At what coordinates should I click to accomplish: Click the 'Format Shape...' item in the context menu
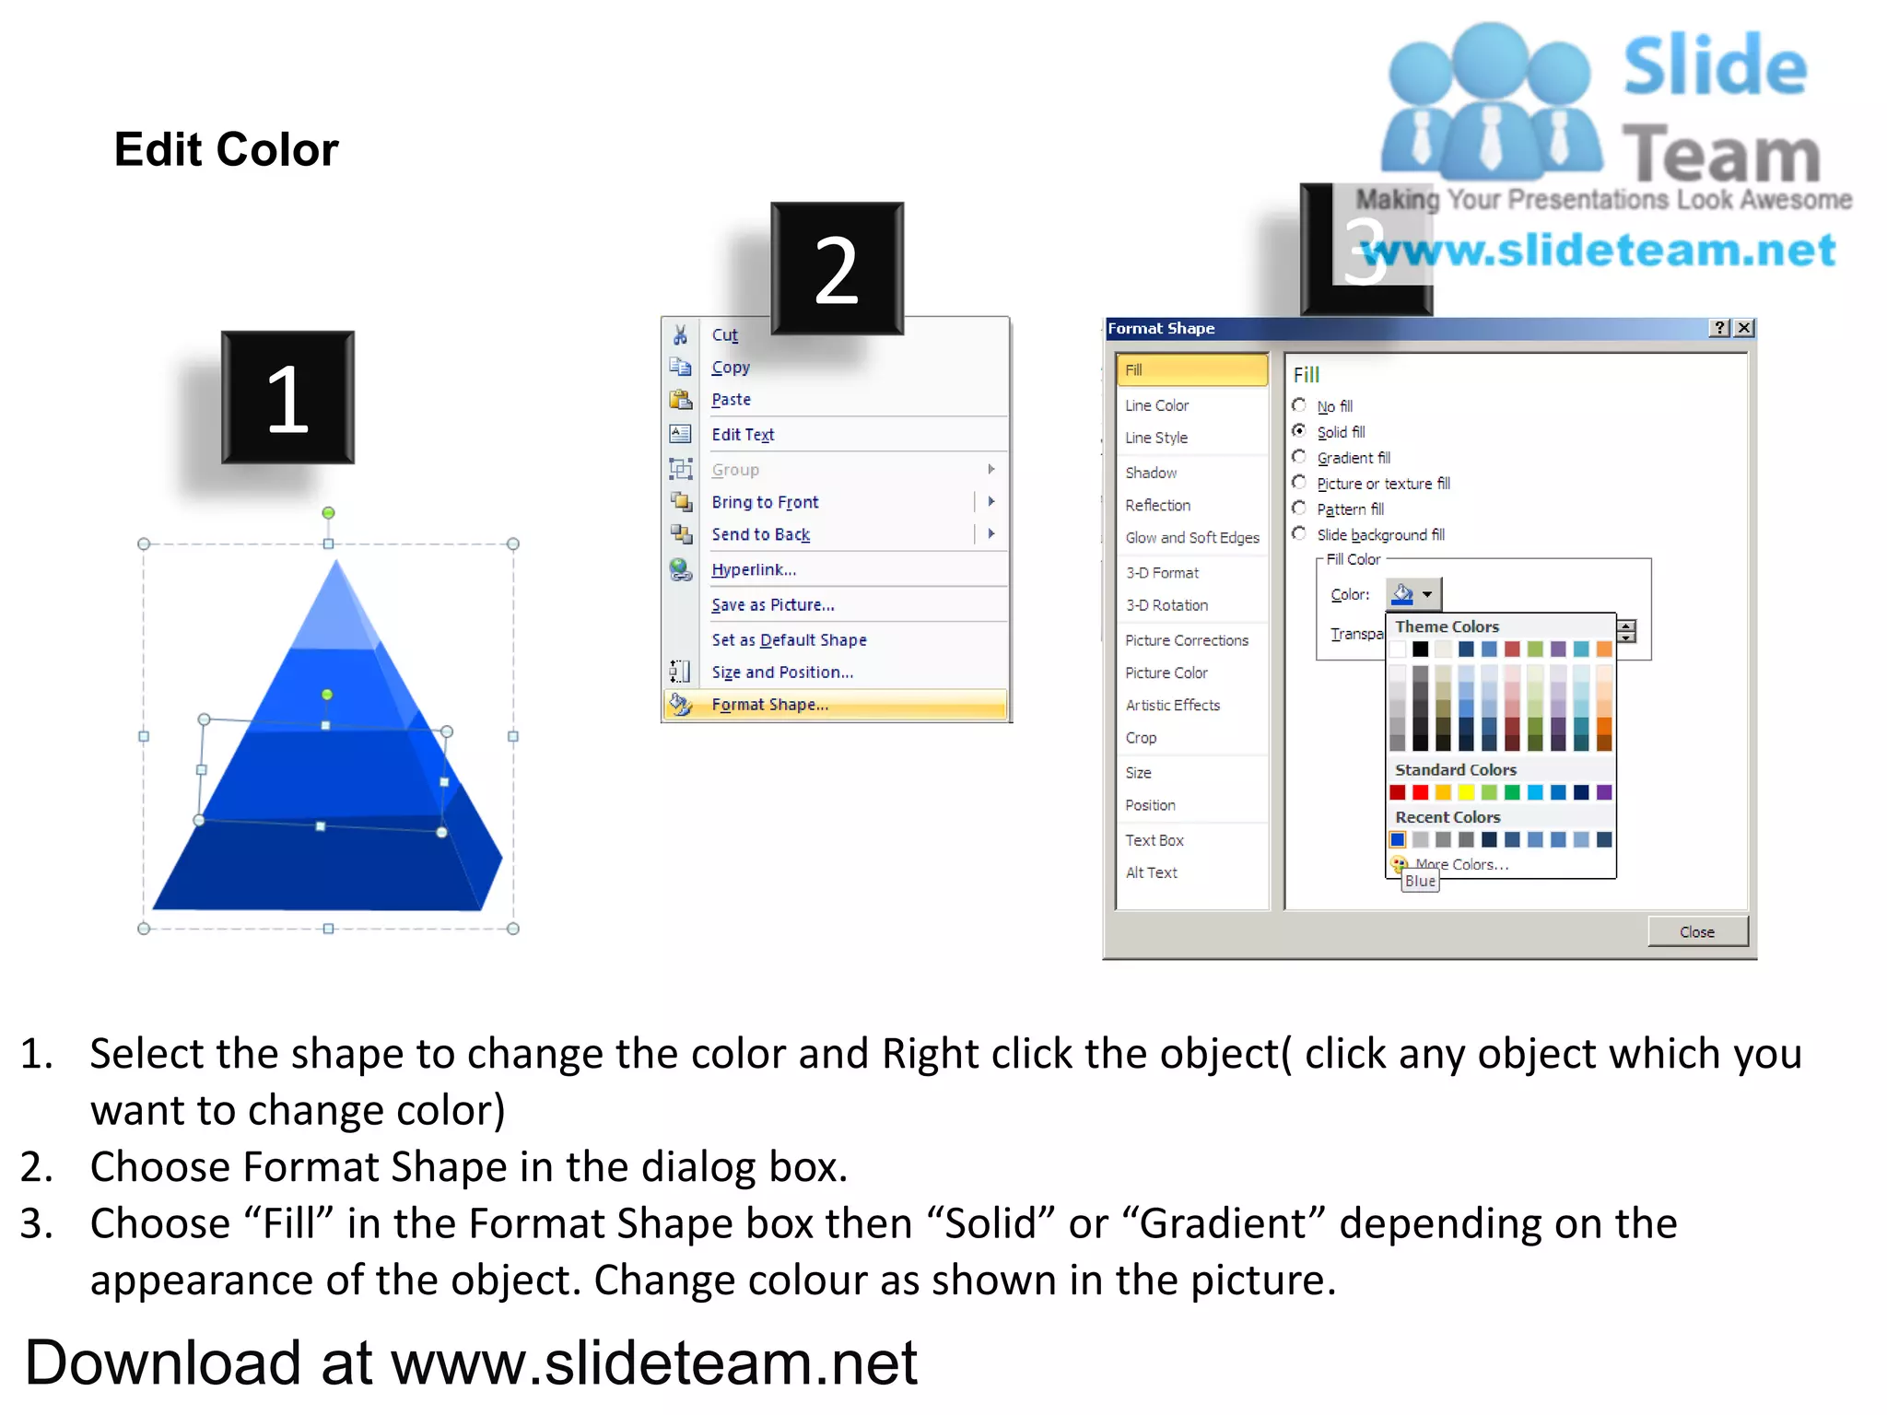(769, 705)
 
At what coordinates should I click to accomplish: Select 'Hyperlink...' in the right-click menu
(753, 570)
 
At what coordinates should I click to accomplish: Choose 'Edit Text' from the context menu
(743, 435)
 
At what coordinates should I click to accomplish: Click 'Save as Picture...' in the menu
(772, 605)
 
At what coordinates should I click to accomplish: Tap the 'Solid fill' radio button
(1299, 431)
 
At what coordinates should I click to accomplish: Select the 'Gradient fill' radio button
(1299, 457)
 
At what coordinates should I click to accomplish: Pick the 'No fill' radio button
(1299, 405)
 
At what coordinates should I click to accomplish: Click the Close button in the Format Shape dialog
(1696, 931)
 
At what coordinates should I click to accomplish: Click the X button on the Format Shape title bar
(1744, 328)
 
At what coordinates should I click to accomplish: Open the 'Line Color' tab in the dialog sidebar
(1156, 405)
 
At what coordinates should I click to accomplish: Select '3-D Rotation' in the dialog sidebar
(1166, 605)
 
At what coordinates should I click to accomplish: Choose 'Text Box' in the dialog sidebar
(1154, 840)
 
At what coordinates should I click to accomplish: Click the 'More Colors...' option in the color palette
(1461, 864)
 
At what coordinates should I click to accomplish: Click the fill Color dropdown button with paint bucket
(1413, 595)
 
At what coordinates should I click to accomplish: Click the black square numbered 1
(287, 397)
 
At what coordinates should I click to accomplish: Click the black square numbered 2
(837, 268)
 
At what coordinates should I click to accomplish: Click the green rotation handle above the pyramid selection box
(328, 513)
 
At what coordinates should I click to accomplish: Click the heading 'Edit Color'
(227, 149)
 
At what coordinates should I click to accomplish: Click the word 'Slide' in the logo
(1714, 66)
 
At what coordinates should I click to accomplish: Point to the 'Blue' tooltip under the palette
(1420, 882)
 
